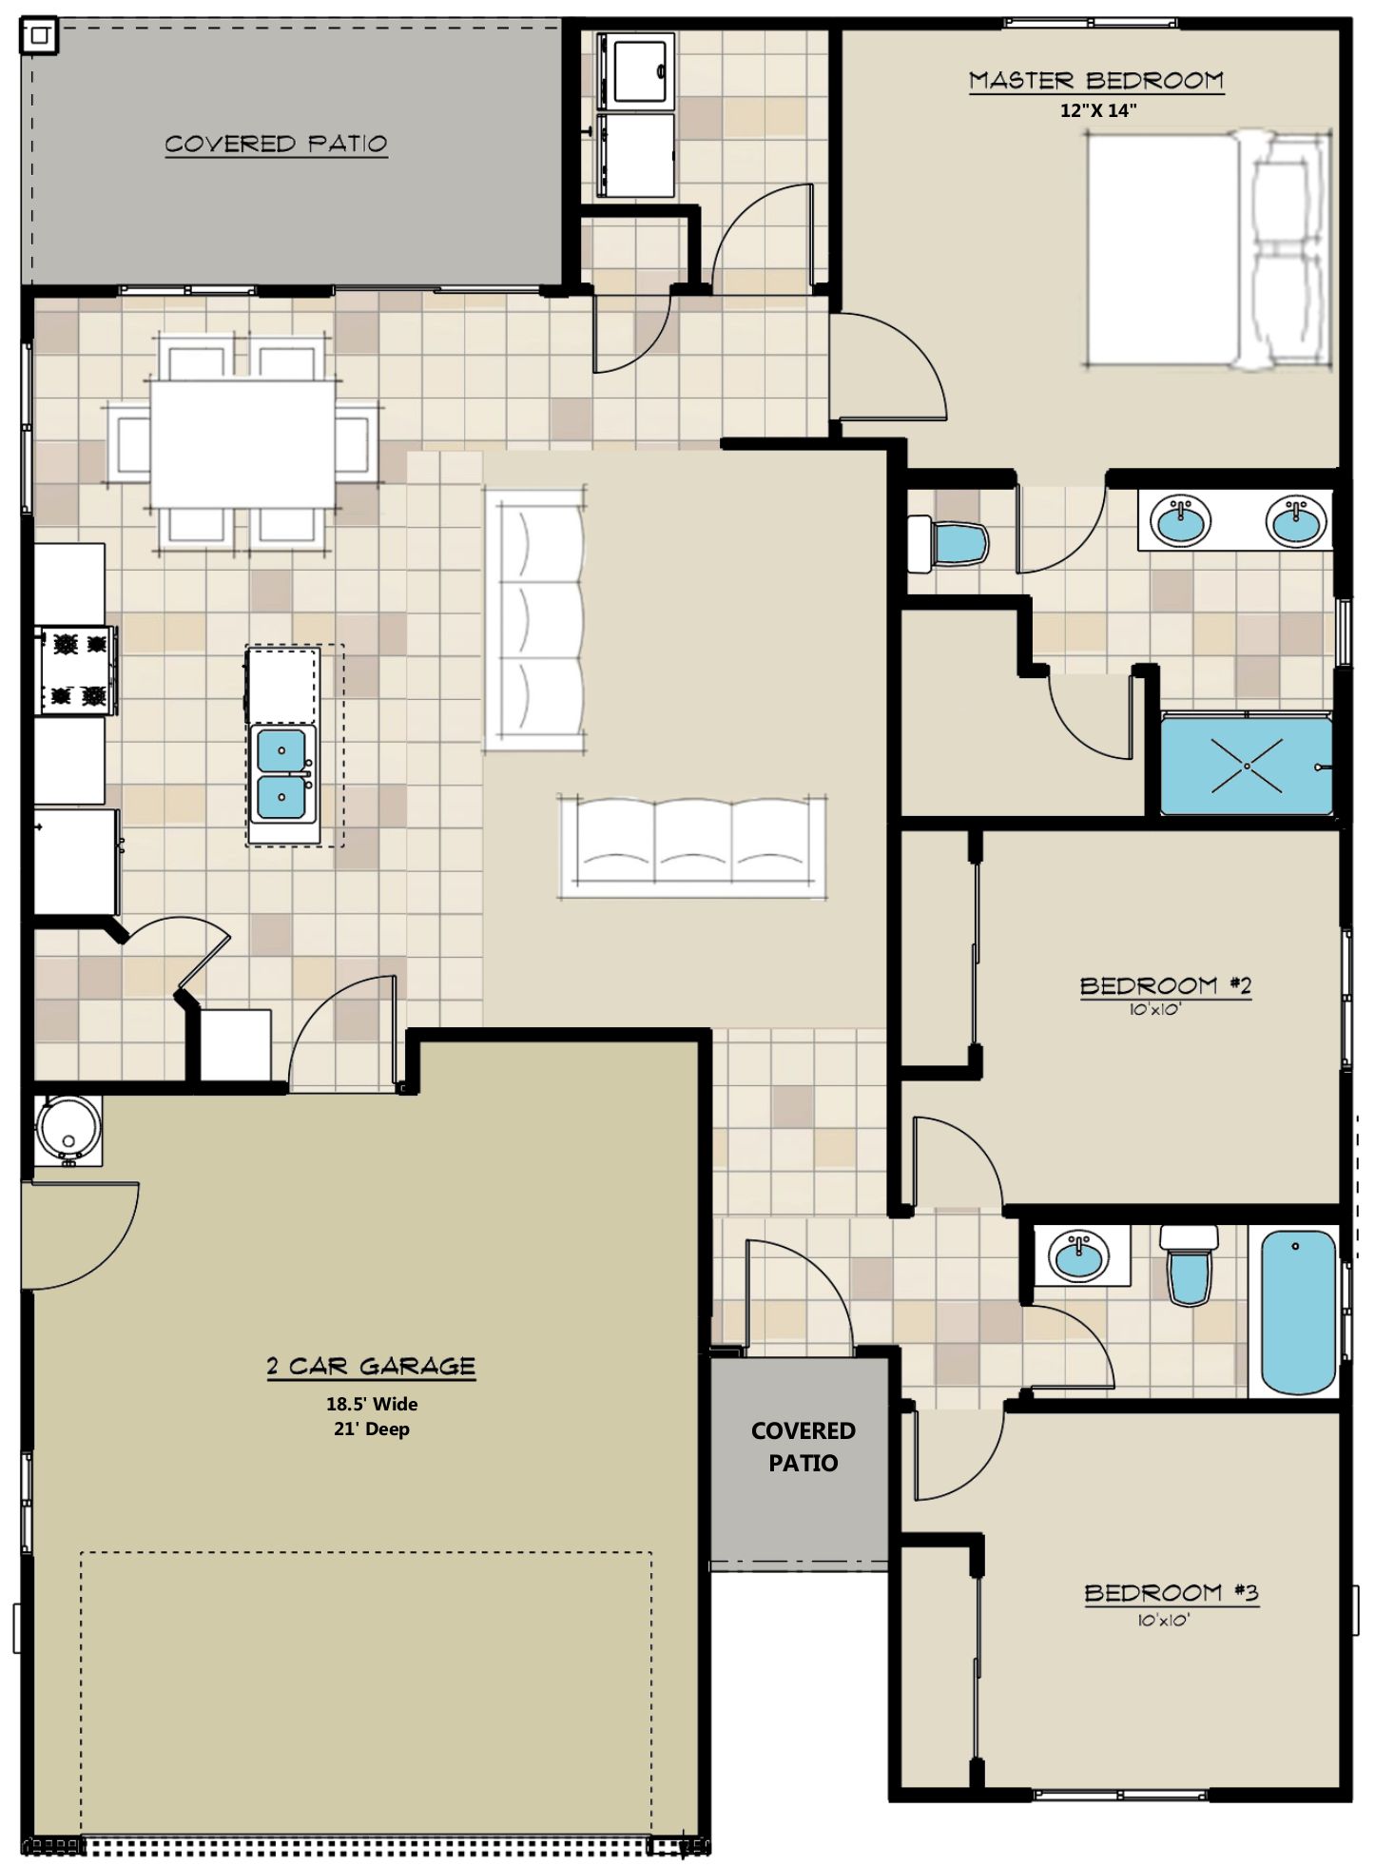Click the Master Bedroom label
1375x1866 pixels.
(1096, 81)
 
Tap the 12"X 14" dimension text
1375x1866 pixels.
(1098, 110)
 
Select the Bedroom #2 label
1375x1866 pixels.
(1166, 985)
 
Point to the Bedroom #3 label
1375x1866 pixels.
(1172, 1592)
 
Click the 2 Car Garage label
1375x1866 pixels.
(371, 1366)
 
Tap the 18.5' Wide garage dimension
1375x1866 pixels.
(372, 1404)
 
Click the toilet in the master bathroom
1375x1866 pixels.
(948, 543)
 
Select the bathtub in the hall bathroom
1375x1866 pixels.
(1298, 1312)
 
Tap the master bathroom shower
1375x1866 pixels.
(1246, 766)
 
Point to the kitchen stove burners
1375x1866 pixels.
(78, 670)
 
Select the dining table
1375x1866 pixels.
(242, 443)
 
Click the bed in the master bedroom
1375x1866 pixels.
(1208, 249)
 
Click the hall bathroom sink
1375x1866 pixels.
(1079, 1256)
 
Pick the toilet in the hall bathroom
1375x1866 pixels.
(1189, 1263)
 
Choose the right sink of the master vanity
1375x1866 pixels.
(1295, 520)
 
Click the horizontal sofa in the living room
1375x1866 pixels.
(692, 846)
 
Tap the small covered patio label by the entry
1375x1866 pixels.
(804, 1447)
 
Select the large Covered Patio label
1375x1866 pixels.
(276, 145)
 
